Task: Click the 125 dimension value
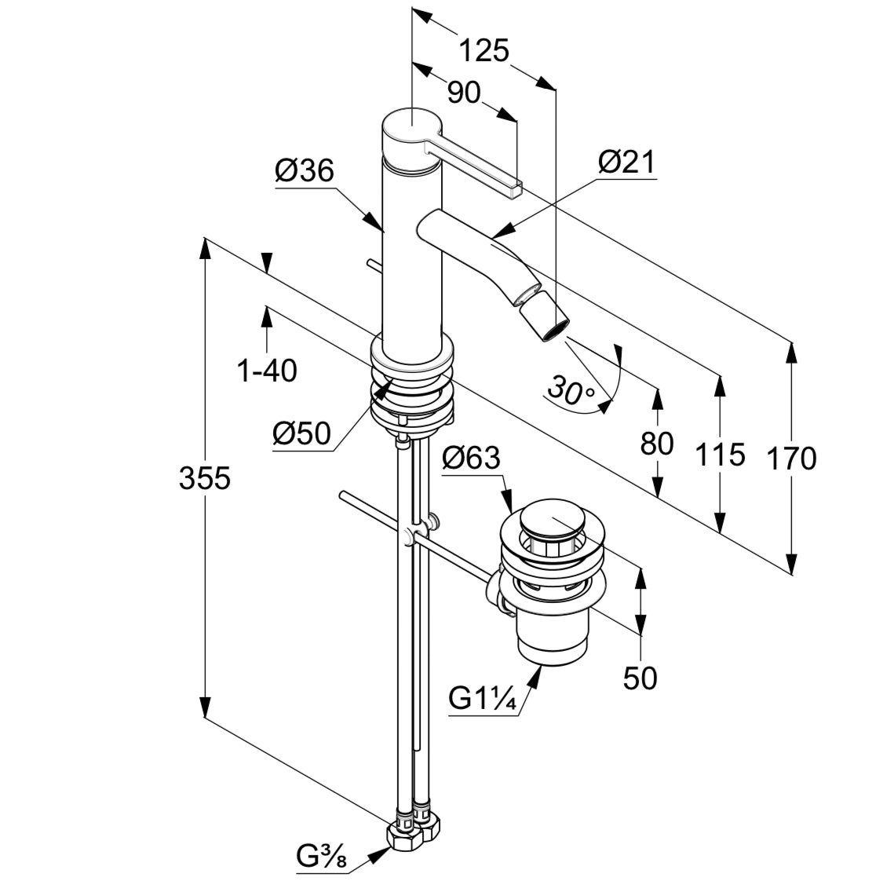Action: coord(484,50)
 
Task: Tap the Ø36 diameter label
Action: coord(305,170)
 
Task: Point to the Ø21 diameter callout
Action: coord(626,163)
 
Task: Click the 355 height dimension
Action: coord(205,477)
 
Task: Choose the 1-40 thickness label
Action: coord(268,370)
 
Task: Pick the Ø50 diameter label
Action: coord(301,433)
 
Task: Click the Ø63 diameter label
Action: coord(471,458)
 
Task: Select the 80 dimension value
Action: coord(657,444)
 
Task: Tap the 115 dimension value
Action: coord(719,454)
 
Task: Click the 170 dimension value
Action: coord(793,458)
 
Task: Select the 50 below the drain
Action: coord(640,677)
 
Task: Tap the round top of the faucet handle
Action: coord(410,124)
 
